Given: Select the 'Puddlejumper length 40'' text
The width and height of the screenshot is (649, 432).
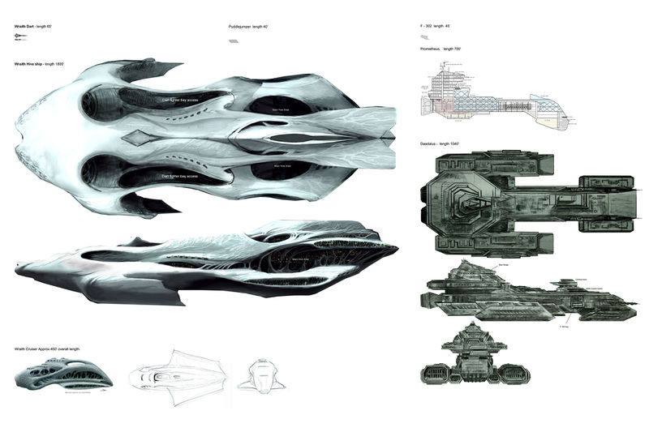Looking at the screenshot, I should (x=249, y=27).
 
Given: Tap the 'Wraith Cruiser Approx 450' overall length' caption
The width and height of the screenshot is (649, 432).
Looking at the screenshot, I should (x=47, y=349).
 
